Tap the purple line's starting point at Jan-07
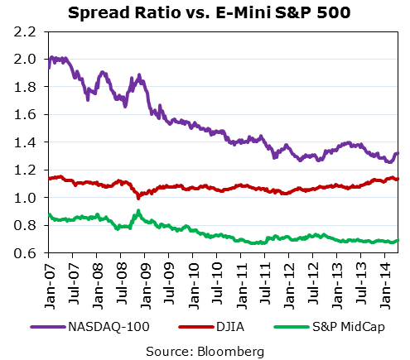(48, 66)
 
